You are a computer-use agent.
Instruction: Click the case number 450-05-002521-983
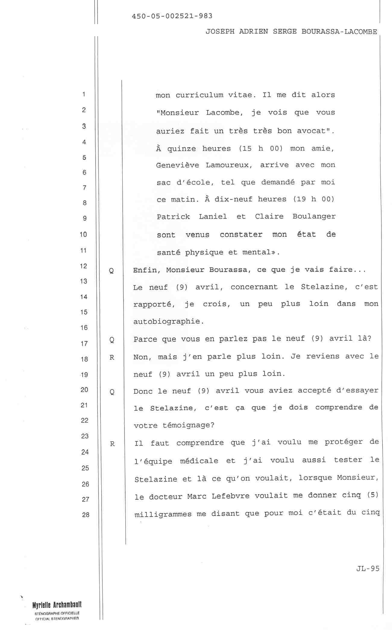click(172, 16)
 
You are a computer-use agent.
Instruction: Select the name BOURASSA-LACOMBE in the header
click(339, 32)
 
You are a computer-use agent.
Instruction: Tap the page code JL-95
click(368, 568)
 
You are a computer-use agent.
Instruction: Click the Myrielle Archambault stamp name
click(57, 605)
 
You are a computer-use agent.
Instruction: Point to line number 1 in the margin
click(83, 94)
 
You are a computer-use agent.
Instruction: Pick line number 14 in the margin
click(84, 297)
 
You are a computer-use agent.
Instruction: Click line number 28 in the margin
click(86, 514)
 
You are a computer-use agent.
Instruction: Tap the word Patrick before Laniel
click(173, 217)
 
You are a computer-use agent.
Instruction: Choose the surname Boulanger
click(314, 217)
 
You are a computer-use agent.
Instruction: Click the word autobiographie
click(168, 321)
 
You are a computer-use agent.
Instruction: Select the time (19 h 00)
click(314, 199)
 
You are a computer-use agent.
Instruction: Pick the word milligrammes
click(163, 514)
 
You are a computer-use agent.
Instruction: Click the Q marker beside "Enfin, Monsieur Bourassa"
click(111, 271)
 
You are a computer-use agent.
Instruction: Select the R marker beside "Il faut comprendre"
click(112, 444)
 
